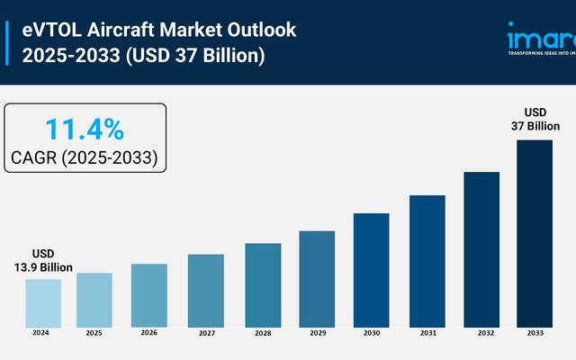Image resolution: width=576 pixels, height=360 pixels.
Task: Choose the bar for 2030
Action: pyautogui.click(x=371, y=269)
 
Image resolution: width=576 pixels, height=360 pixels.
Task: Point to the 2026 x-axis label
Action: pyautogui.click(x=148, y=332)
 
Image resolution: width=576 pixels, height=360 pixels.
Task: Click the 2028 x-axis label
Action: pyautogui.click(x=262, y=332)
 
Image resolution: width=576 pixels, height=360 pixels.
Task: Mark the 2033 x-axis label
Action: pyautogui.click(x=535, y=332)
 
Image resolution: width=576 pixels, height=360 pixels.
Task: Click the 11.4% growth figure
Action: pyautogui.click(x=85, y=130)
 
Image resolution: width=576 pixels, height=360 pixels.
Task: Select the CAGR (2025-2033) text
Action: pyautogui.click(x=85, y=158)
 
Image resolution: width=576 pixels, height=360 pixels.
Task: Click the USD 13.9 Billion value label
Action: pyautogui.click(x=42, y=261)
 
